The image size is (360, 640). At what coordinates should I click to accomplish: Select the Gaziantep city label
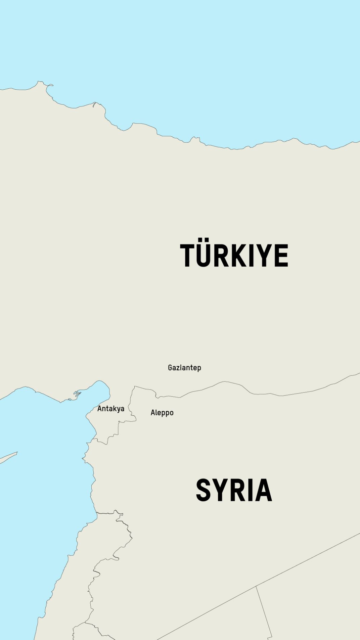(184, 368)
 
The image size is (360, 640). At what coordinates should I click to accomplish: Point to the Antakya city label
(111, 409)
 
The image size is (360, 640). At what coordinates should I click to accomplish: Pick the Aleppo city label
(162, 413)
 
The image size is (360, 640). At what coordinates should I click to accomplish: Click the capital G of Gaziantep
(170, 368)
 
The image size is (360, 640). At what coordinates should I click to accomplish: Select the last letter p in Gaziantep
(199, 368)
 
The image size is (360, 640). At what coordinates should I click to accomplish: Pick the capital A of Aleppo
(152, 412)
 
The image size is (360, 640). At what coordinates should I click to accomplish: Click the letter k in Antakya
(114, 408)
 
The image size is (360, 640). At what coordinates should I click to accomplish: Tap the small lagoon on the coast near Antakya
(77, 393)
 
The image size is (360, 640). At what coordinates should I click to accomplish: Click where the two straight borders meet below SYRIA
(256, 587)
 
